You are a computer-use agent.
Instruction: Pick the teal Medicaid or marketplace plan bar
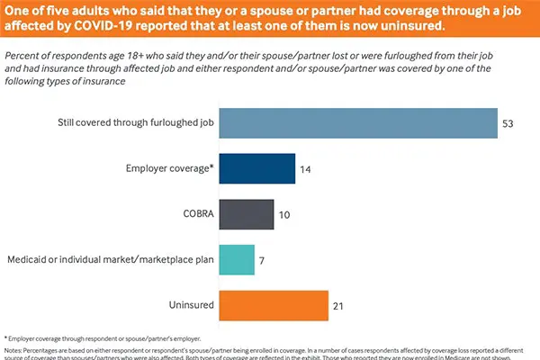pos(237,260)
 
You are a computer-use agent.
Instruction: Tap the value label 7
pos(264,260)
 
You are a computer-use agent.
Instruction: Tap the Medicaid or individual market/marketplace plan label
pos(106,260)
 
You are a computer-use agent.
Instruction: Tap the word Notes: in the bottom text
pos(14,351)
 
